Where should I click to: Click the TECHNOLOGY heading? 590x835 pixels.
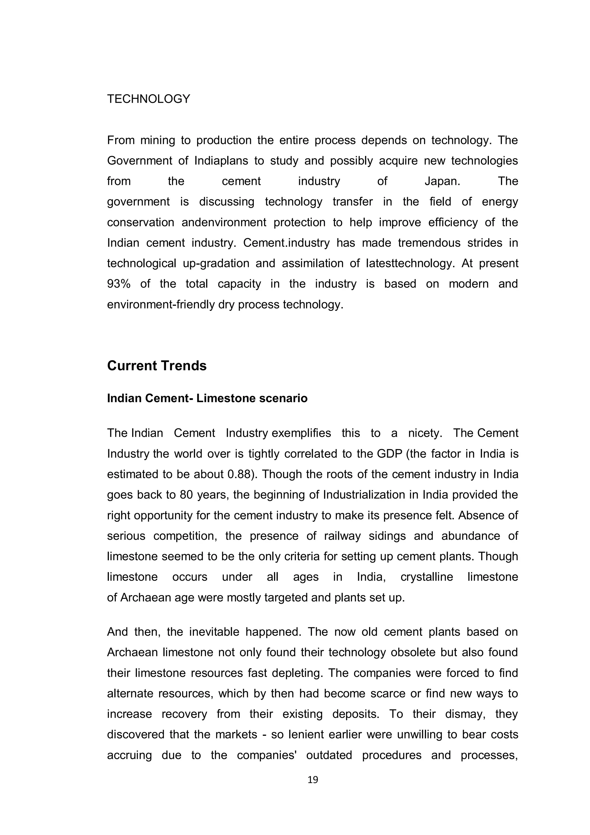tap(149, 99)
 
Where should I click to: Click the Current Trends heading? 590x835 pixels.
tap(157, 366)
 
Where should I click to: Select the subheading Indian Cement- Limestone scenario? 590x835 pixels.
tap(207, 398)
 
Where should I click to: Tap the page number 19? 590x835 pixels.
tap(313, 790)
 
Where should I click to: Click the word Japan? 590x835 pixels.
tap(442, 181)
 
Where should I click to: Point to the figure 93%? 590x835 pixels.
tap(118, 284)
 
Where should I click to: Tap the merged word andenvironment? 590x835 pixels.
tap(224, 222)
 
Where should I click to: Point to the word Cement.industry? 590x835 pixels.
tap(286, 242)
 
